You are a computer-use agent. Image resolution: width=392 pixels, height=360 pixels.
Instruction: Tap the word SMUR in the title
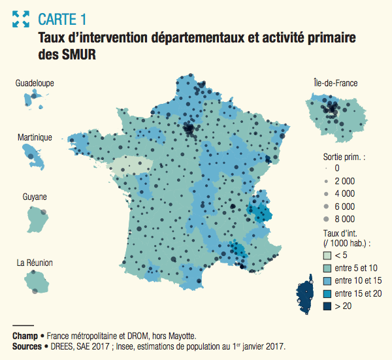(x=81, y=56)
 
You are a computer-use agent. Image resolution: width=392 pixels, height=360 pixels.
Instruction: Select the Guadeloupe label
(x=35, y=84)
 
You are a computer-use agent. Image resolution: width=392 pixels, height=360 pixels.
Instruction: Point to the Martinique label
(x=35, y=138)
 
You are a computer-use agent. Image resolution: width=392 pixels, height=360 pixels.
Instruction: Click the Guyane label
(x=35, y=197)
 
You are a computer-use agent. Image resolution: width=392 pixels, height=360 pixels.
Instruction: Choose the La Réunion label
(x=35, y=263)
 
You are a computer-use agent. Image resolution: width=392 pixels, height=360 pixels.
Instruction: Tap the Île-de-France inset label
(x=335, y=83)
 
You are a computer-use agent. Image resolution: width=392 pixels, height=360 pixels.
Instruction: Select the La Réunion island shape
(x=37, y=282)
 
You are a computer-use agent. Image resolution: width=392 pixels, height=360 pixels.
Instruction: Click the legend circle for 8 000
(x=326, y=219)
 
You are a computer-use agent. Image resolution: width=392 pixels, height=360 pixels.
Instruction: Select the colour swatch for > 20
(x=329, y=305)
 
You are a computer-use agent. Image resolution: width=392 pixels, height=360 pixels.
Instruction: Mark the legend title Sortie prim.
(x=344, y=157)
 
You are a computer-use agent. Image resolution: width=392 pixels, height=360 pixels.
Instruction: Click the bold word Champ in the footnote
(x=25, y=336)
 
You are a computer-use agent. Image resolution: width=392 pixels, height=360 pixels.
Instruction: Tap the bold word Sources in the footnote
(x=28, y=346)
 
